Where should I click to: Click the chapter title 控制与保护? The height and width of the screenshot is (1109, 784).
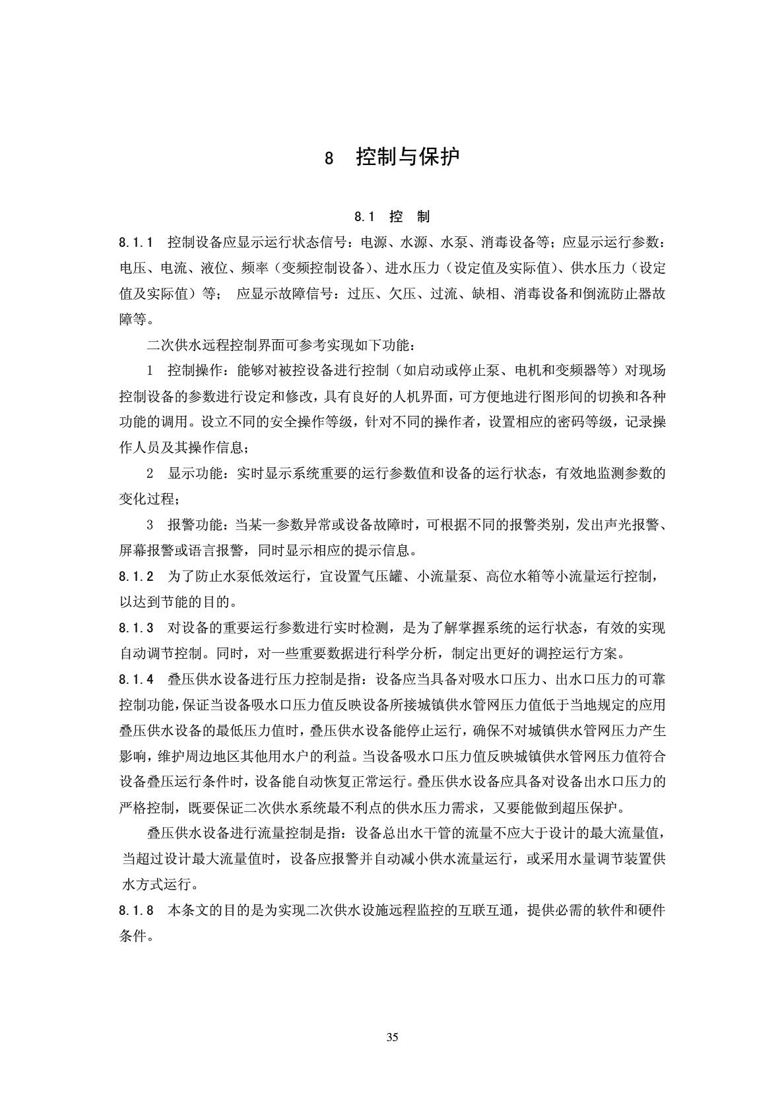[x=408, y=157]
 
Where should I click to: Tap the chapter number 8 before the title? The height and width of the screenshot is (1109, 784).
[x=329, y=158]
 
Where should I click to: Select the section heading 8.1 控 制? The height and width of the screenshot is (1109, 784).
[x=392, y=217]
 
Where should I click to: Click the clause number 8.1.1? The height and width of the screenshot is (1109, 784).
[x=137, y=242]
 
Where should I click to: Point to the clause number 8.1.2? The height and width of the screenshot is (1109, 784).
[x=137, y=576]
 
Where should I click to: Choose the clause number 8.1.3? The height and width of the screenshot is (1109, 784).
[x=137, y=628]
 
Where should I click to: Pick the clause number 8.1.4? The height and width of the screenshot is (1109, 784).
[x=137, y=679]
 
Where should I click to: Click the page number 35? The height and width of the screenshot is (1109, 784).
[x=392, y=1037]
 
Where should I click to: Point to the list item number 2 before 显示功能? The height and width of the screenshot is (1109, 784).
[x=150, y=473]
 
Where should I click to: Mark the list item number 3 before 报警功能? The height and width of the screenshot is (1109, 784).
[x=150, y=525]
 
